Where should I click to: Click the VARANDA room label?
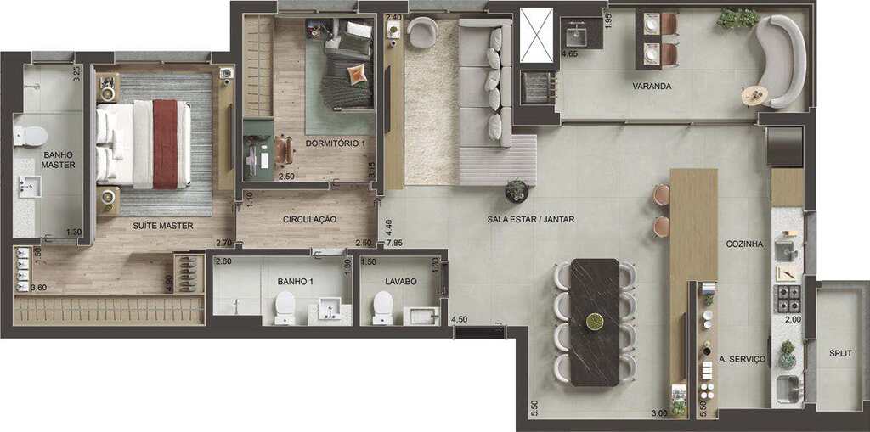652,87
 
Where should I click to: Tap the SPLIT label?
840,353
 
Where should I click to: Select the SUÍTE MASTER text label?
162,226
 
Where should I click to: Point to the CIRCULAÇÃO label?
309,219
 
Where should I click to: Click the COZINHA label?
744,244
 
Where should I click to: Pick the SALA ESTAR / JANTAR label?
531,219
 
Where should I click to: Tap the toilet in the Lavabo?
383,308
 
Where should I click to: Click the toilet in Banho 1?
285,308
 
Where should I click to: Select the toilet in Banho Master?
31,136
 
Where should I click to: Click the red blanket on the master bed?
165,144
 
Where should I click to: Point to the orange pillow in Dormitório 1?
358,74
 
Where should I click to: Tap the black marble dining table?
594,323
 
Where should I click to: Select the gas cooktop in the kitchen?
788,299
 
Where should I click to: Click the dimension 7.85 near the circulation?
395,244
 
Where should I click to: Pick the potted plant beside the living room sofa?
517,191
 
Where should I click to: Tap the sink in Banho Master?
30,187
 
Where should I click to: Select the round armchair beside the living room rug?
421,32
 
